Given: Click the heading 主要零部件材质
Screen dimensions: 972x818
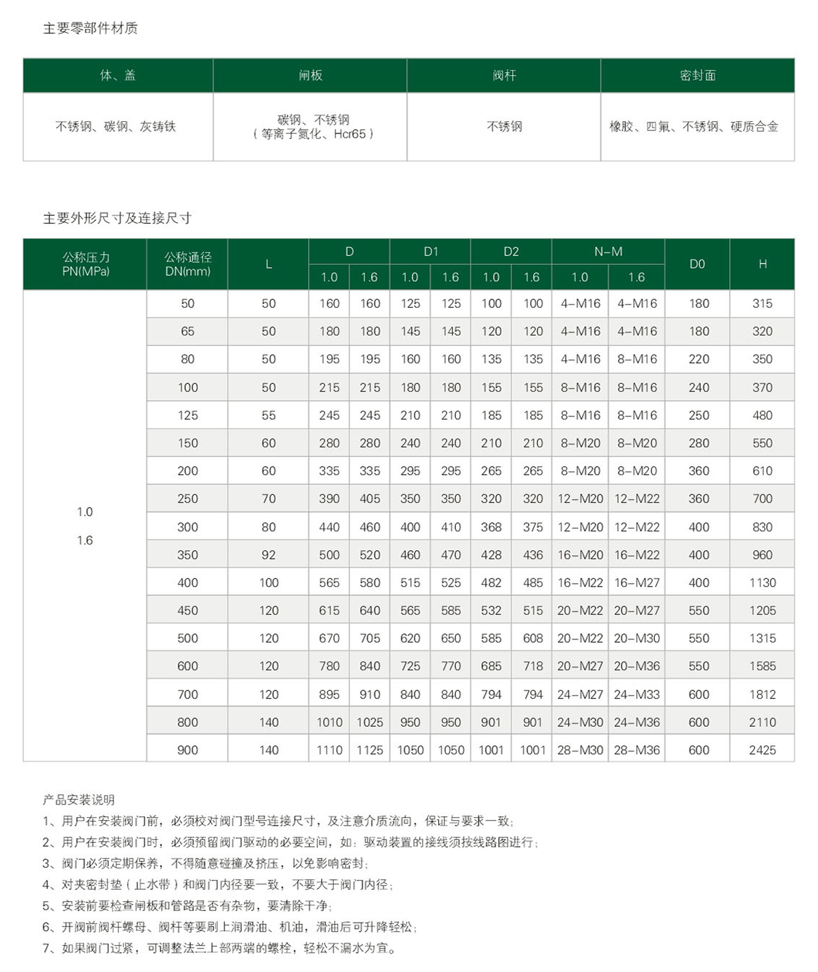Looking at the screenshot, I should point(90,28).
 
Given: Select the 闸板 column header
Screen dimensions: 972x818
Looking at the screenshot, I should point(310,75).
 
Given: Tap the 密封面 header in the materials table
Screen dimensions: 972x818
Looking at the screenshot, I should point(697,75).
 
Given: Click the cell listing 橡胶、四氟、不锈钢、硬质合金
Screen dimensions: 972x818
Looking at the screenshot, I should point(693,127).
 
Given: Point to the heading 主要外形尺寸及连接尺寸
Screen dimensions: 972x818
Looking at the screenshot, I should point(117,218).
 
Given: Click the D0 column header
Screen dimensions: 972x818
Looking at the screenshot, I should point(697,264).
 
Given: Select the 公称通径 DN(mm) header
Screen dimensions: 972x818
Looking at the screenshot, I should point(187,264).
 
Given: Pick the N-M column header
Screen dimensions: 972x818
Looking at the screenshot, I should point(608,251).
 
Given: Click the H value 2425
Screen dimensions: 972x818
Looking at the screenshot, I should point(762,750).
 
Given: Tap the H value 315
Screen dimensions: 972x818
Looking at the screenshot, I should point(762,304).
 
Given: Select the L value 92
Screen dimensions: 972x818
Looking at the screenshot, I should point(269,555).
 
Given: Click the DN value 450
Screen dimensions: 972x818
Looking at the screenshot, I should point(187,611).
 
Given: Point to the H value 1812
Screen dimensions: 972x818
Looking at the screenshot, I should point(762,694).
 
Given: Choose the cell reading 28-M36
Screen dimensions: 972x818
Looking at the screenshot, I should point(636,750).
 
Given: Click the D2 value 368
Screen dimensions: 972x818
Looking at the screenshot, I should point(491,527).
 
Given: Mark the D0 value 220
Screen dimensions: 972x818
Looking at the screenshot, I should point(698,359).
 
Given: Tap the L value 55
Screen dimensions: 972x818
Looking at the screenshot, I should point(269,415).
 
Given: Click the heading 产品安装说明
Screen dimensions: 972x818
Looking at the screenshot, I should point(79,799).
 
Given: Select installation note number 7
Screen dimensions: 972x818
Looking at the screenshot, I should point(220,948).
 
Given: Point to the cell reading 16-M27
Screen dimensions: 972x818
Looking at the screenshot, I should point(636,583).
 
